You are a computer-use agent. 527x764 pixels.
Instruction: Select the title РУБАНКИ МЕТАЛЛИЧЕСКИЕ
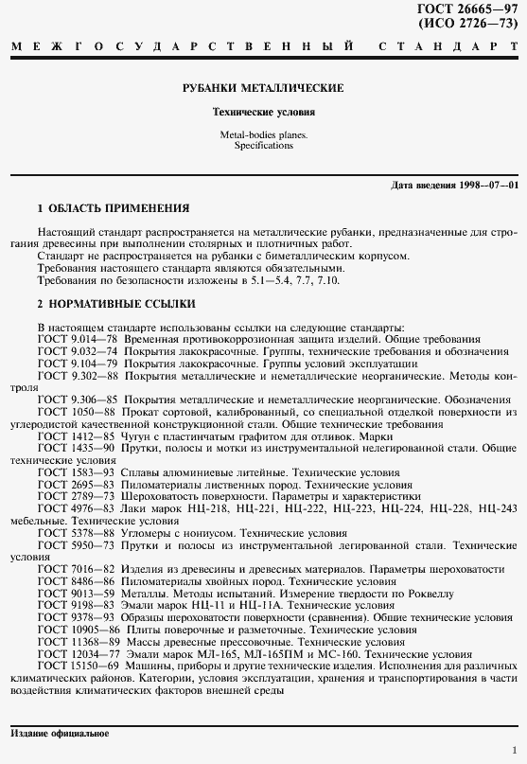click(263, 88)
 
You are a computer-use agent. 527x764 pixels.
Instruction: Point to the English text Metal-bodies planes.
click(263, 135)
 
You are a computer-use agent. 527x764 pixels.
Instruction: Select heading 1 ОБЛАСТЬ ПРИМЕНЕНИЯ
click(113, 207)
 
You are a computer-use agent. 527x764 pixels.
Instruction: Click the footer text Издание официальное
click(60, 734)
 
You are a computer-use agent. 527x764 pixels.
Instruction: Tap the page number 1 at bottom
click(513, 751)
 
